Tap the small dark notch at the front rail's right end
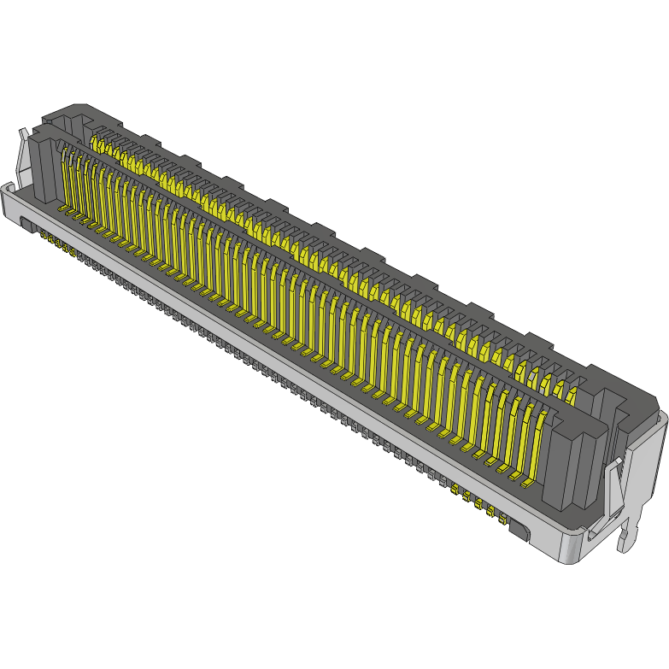pos(519,532)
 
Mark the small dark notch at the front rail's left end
pos(26,226)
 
